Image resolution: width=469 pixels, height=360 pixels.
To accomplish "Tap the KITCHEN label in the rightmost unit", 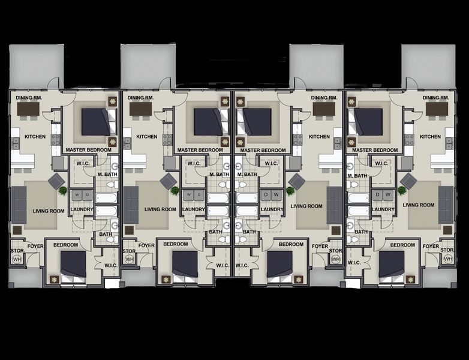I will coord(430,137).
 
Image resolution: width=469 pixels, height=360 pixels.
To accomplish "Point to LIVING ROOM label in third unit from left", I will coord(306,206).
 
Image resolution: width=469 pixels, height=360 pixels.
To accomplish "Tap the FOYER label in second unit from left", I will coord(146,245).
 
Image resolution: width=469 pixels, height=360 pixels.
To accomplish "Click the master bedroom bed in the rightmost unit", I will coord(368,122).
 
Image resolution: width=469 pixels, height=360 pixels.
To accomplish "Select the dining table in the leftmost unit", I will coord(28,109).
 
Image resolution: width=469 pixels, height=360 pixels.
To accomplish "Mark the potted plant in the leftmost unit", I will coord(62,191).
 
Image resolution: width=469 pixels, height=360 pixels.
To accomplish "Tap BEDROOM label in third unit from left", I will coord(291,245).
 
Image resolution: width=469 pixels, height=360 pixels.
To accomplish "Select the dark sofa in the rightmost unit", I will coord(445,205).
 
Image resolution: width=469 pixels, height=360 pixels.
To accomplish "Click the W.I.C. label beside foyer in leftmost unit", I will coord(110,265).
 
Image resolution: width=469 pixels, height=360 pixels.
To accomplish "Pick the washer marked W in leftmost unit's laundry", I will coord(75,195).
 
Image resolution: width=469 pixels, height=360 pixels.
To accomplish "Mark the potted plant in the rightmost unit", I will coord(401,191).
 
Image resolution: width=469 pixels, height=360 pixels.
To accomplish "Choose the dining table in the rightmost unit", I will coord(437,109).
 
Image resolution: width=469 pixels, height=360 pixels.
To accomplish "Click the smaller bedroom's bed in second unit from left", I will coord(185,264).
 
